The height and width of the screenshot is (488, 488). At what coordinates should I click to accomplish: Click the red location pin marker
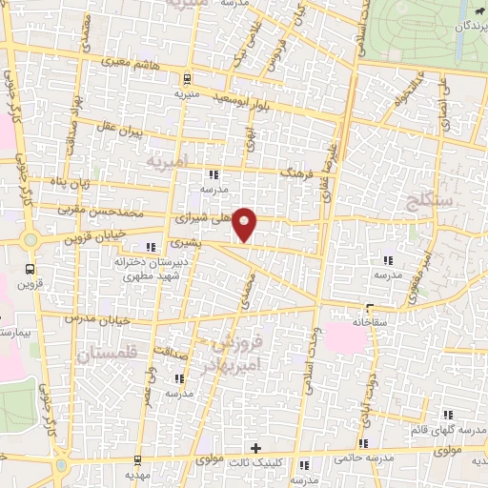point(246,223)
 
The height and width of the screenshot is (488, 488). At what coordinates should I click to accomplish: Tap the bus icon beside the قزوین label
point(30,268)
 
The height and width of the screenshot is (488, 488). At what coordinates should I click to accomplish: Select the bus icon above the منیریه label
point(187,79)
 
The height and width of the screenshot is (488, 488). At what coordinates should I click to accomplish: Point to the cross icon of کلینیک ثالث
point(254,448)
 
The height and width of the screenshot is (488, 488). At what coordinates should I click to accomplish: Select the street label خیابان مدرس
point(96,318)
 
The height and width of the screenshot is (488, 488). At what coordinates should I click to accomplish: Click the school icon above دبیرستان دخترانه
point(151,247)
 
